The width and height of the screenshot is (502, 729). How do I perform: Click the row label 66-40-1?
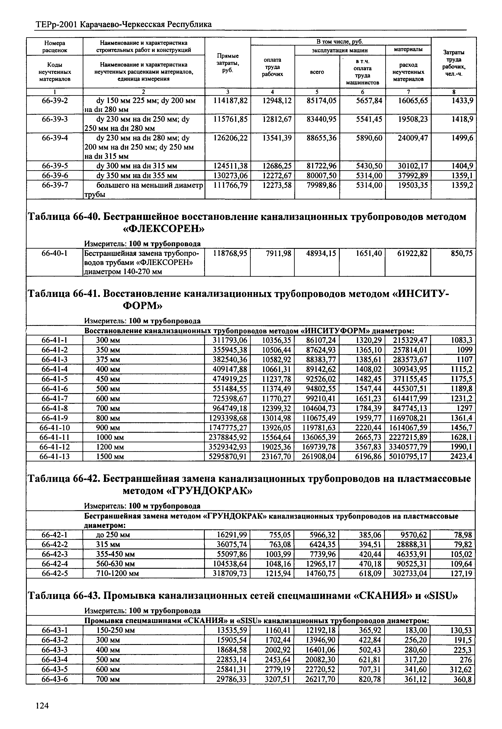(55, 253)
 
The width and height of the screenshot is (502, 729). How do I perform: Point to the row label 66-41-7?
(55, 398)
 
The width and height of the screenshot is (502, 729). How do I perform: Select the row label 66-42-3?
(55, 554)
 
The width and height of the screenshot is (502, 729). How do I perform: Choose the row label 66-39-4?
(55, 138)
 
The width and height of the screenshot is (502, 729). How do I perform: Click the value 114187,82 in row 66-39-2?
(230, 100)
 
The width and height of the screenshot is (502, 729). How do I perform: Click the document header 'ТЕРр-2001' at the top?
(55, 24)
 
